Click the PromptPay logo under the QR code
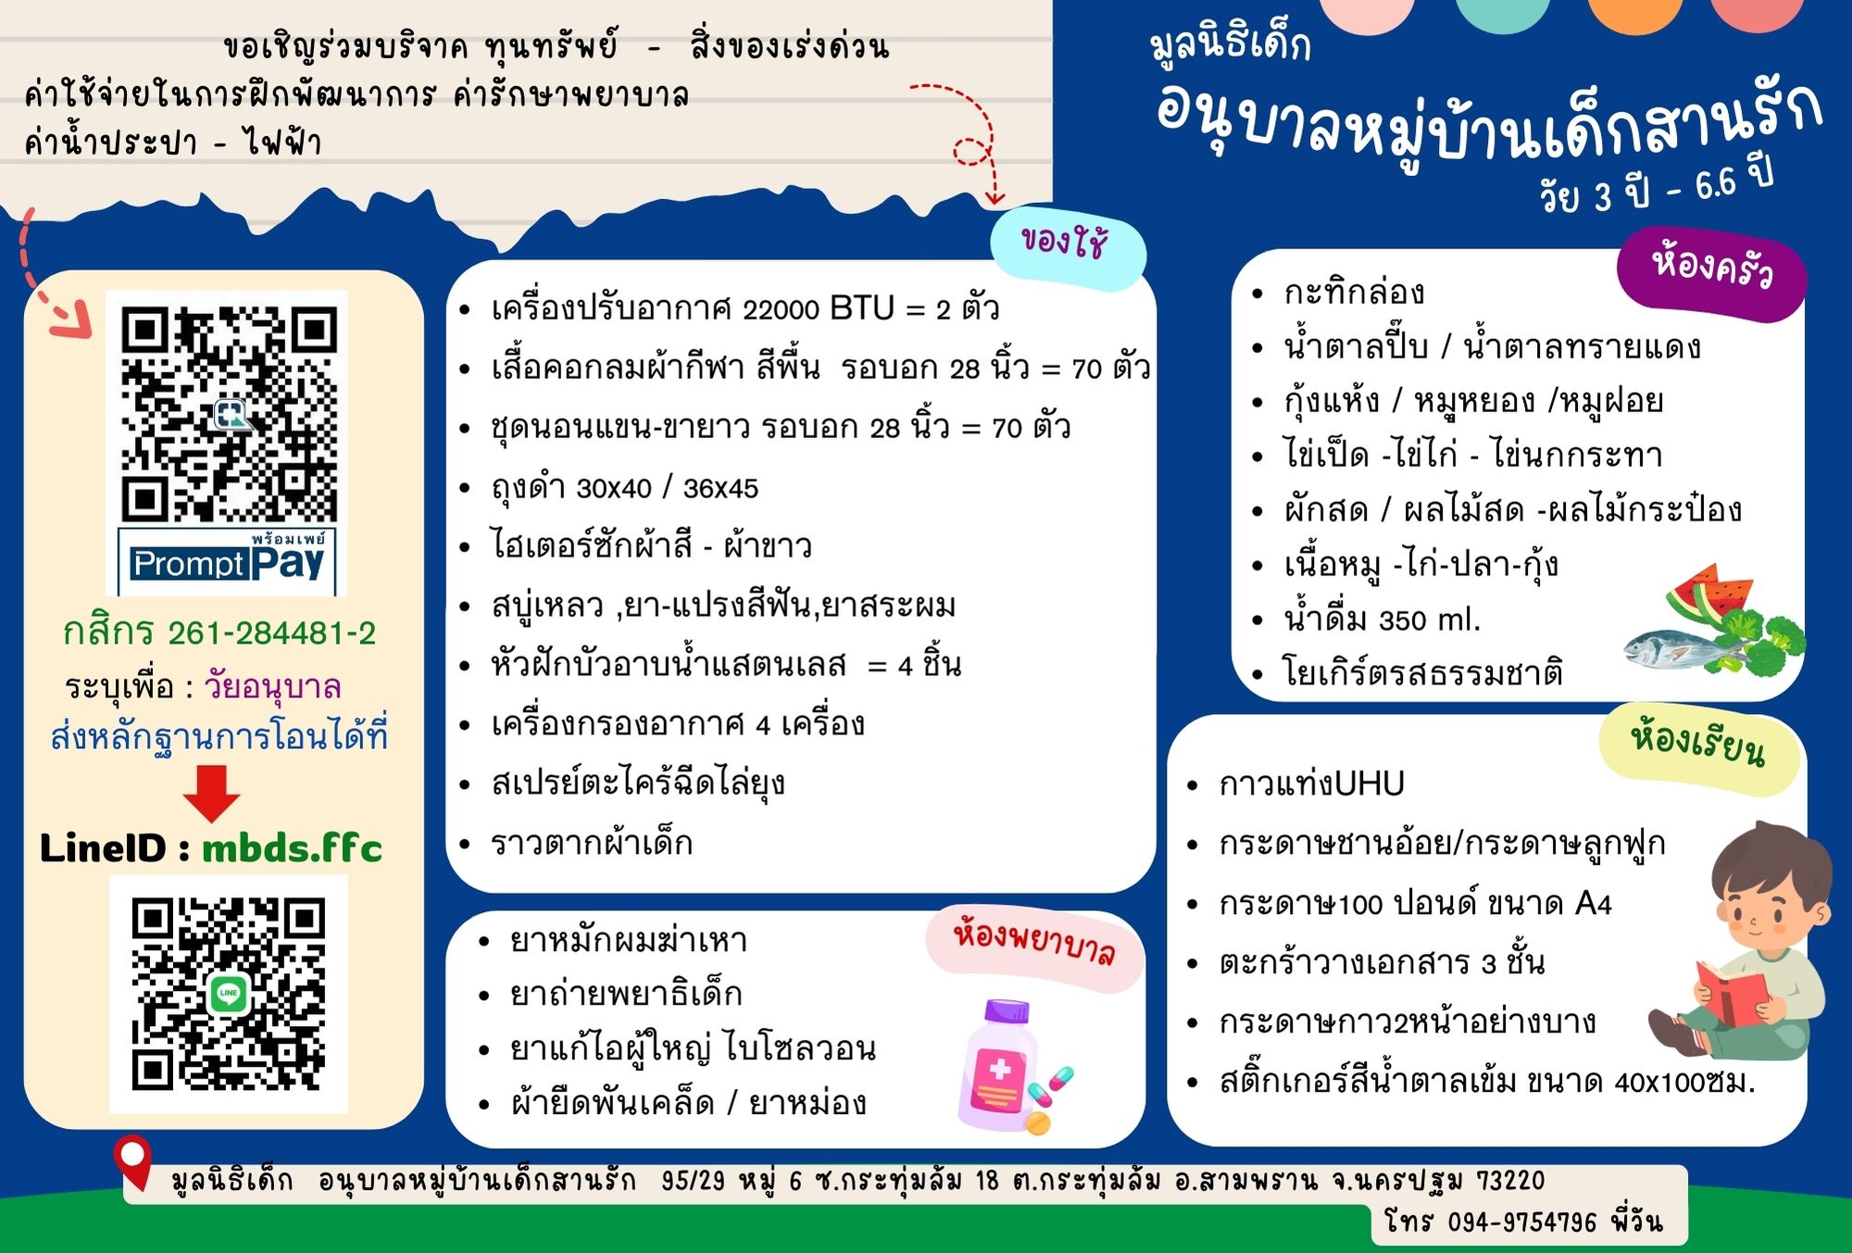(x=227, y=558)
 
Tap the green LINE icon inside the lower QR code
(x=229, y=994)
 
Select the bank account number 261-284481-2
(x=271, y=633)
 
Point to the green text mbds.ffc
(x=292, y=847)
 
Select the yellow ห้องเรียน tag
(x=1698, y=749)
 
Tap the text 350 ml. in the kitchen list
(x=1430, y=619)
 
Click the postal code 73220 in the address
(x=1510, y=1181)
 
